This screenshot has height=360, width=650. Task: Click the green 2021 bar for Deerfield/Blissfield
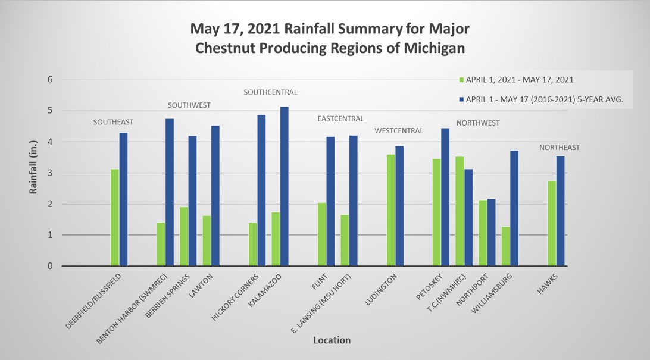115,218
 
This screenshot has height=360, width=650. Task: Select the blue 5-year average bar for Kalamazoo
285,186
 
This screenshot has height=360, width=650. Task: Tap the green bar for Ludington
390,210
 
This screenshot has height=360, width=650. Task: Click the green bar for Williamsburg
505,246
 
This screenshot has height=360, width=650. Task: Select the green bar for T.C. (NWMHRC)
460,211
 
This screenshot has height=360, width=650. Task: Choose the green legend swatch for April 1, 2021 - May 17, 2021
461,79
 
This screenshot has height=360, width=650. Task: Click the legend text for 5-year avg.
545,99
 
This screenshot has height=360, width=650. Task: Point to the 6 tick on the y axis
51,80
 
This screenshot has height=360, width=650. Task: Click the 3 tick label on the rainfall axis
51,173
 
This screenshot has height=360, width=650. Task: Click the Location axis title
332,340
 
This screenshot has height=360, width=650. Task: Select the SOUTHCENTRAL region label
270,92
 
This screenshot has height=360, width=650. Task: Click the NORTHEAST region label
559,148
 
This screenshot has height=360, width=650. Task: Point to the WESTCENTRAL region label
398,131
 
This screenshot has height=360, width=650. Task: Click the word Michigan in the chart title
432,48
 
